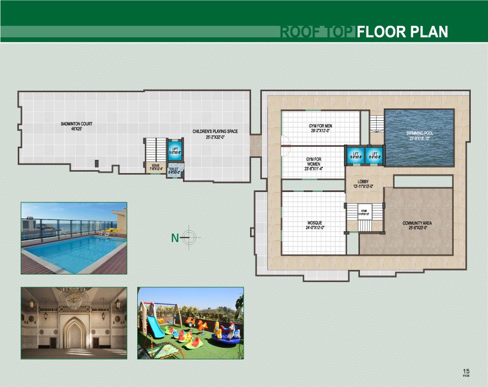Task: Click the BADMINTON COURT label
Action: click(76, 124)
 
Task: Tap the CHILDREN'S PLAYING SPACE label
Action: click(215, 131)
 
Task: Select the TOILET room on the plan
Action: click(174, 170)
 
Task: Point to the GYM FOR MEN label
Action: click(320, 126)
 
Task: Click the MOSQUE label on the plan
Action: click(315, 223)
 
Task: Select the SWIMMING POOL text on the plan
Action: click(419, 133)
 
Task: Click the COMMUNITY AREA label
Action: click(418, 223)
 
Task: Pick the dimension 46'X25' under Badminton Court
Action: click(76, 129)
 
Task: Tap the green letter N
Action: click(174, 238)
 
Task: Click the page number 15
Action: click(466, 370)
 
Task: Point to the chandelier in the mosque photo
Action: click(74, 295)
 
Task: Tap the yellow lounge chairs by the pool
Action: click(112, 232)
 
